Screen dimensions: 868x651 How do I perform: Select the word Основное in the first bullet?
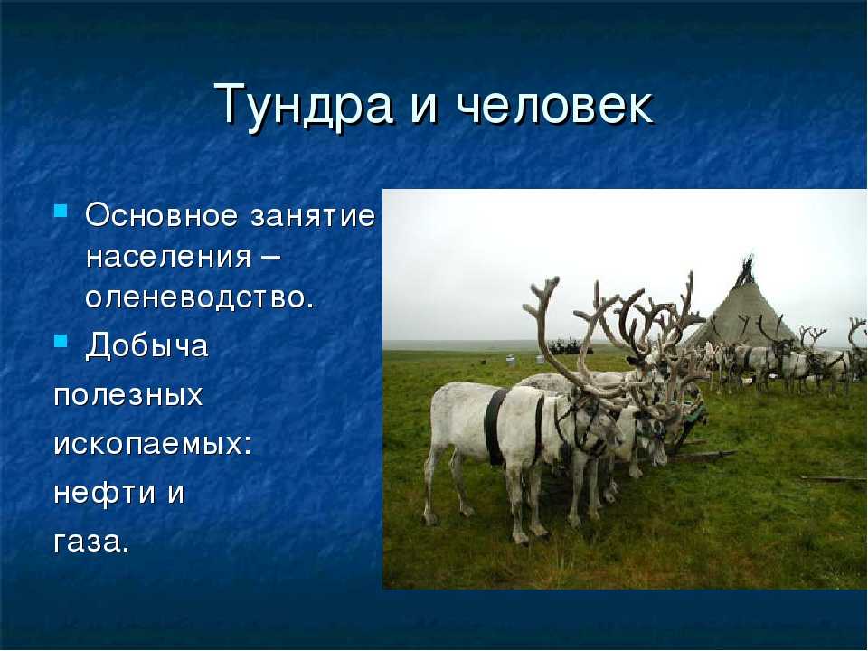coord(161,215)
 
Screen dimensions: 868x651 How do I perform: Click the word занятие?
coord(313,216)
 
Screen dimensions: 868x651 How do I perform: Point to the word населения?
coord(168,258)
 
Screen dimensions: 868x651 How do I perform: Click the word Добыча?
coord(146,346)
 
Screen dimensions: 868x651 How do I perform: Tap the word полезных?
coord(128,395)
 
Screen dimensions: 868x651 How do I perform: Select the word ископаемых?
coord(152,444)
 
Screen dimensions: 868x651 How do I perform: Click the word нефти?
coord(104,492)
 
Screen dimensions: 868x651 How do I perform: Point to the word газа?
coord(91,542)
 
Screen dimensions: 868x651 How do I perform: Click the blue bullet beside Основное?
coord(61,211)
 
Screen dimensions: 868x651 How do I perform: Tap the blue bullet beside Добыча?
coord(61,341)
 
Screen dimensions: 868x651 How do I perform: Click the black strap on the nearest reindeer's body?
coord(495,425)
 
